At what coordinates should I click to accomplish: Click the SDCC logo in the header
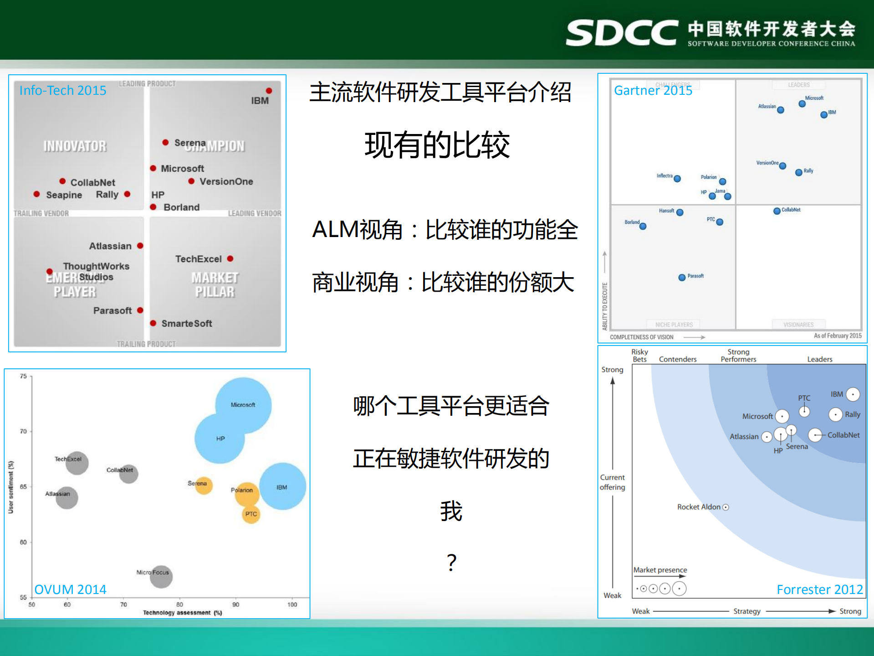(x=622, y=32)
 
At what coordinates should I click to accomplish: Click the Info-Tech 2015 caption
(x=63, y=90)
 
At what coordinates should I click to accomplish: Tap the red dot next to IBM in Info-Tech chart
(x=269, y=91)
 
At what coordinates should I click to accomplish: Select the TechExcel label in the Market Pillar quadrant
(x=199, y=259)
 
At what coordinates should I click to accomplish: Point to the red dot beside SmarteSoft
(x=153, y=323)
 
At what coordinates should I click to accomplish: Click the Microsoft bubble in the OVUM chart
(x=243, y=405)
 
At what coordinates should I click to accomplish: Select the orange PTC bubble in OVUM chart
(x=251, y=514)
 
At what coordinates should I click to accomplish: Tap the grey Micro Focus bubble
(x=161, y=576)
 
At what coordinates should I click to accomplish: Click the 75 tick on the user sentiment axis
(x=23, y=376)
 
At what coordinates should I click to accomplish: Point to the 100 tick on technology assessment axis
(x=292, y=604)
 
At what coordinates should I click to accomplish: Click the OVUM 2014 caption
(x=71, y=589)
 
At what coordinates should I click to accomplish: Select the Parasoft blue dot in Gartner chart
(x=682, y=277)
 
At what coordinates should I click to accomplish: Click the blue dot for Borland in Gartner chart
(x=643, y=226)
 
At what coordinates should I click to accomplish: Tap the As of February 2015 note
(x=838, y=336)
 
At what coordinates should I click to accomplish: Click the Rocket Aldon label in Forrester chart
(x=699, y=507)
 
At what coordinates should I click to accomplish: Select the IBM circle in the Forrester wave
(x=853, y=394)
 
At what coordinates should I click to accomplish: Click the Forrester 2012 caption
(x=819, y=589)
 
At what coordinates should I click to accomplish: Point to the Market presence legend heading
(x=660, y=570)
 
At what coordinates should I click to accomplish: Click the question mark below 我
(x=451, y=563)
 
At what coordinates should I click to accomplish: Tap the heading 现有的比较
(x=437, y=145)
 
